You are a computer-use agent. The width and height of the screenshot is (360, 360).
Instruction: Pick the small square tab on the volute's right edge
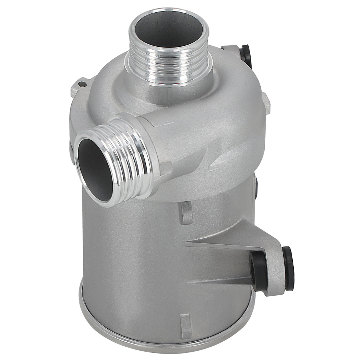[x=266, y=103]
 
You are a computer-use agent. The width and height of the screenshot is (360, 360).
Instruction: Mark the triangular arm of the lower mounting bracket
[x=230, y=238]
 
